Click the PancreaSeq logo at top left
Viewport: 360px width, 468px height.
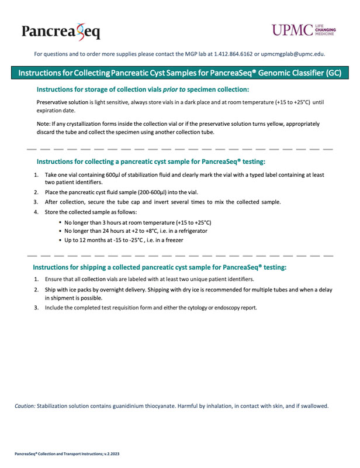(60, 30)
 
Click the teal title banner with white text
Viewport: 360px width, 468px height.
(180, 74)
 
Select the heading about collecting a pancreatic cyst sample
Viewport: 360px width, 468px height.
(151, 161)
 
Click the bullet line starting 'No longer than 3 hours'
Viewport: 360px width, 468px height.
(137, 222)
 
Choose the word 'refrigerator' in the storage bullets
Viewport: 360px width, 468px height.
(189, 231)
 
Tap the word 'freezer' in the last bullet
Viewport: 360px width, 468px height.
(173, 240)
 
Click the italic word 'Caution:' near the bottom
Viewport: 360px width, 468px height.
(25, 406)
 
